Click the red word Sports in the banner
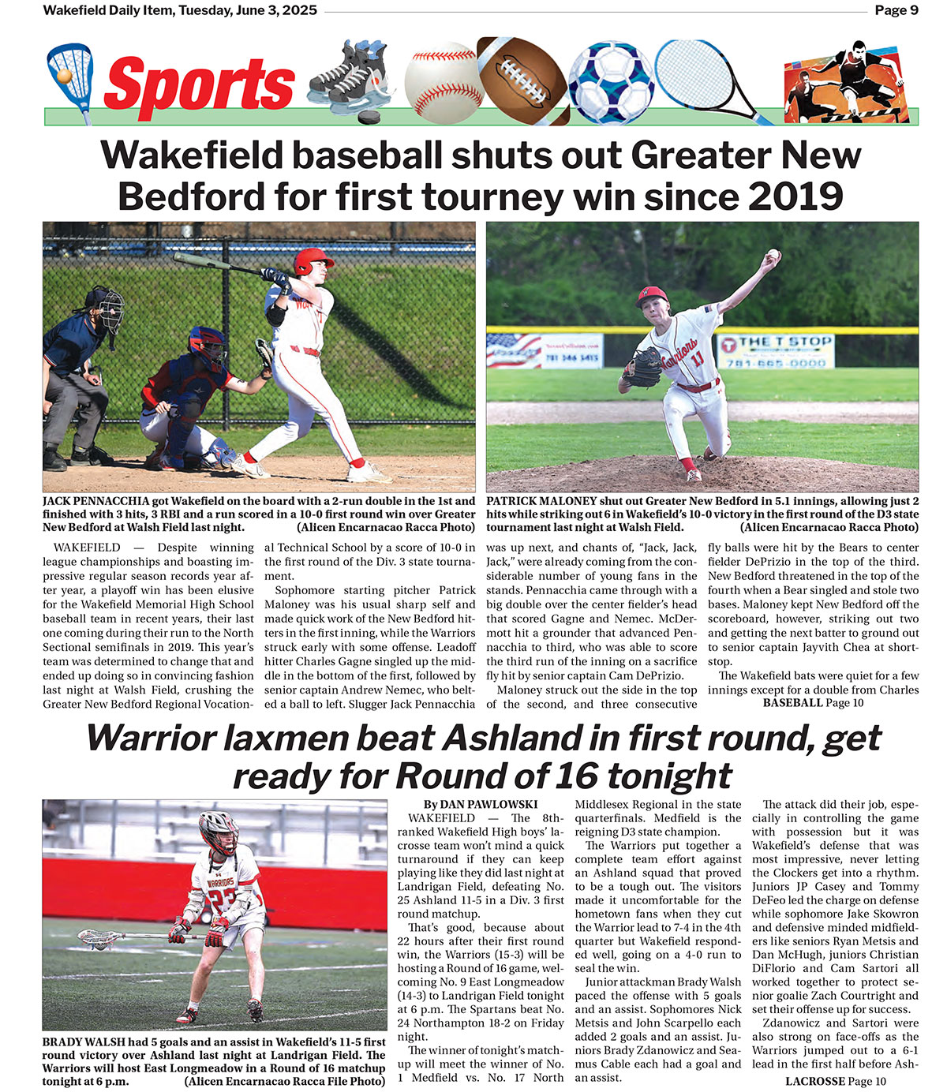point(199,84)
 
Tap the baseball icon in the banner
point(442,79)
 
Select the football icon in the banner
point(522,80)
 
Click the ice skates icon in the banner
point(347,80)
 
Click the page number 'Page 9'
point(896,10)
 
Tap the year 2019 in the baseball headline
point(795,196)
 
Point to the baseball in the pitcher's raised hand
point(773,255)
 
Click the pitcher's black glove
point(643,367)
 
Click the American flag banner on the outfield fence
point(513,350)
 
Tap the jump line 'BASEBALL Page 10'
point(813,703)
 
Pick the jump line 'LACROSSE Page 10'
point(836,1081)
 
